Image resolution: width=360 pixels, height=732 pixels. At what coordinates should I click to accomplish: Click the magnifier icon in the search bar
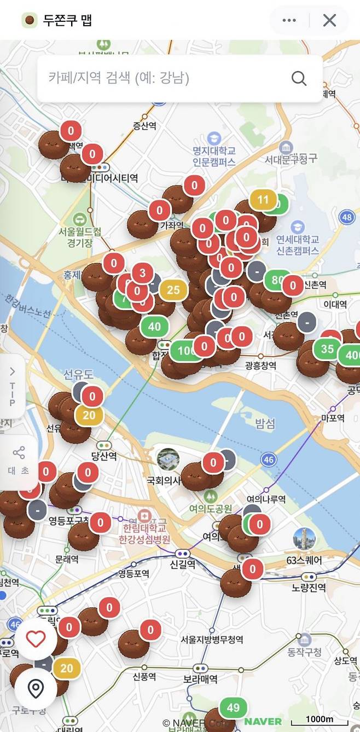[x=299, y=78]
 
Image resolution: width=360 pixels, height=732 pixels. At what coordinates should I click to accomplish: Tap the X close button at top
[x=329, y=20]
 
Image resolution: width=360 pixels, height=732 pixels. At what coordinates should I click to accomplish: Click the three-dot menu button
[x=289, y=20]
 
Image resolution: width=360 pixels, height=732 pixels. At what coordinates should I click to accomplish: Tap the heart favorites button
[x=36, y=638]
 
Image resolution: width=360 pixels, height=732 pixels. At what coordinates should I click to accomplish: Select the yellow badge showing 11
[x=263, y=200]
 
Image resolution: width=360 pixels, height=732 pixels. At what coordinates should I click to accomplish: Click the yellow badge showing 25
[x=173, y=289]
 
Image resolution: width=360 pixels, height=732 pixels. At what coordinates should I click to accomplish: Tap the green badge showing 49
[x=233, y=707]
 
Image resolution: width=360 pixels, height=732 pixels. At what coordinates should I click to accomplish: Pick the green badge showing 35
[x=327, y=349]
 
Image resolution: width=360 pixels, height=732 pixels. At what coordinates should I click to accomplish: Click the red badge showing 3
[x=142, y=272]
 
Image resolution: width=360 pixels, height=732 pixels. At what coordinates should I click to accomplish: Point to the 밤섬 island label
[x=265, y=423]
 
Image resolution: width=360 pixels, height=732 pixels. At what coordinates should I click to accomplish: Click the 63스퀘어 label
[x=304, y=561]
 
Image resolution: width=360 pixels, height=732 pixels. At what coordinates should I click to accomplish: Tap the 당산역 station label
[x=104, y=456]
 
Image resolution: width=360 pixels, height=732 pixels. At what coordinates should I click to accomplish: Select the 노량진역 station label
[x=309, y=588]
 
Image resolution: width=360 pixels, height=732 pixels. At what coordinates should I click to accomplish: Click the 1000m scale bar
[x=319, y=720]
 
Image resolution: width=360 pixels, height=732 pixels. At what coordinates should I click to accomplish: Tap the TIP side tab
[x=12, y=387]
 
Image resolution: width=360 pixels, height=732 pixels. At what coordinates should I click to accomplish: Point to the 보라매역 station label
[x=200, y=679]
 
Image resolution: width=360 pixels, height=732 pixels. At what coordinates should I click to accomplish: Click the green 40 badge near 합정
[x=154, y=327]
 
